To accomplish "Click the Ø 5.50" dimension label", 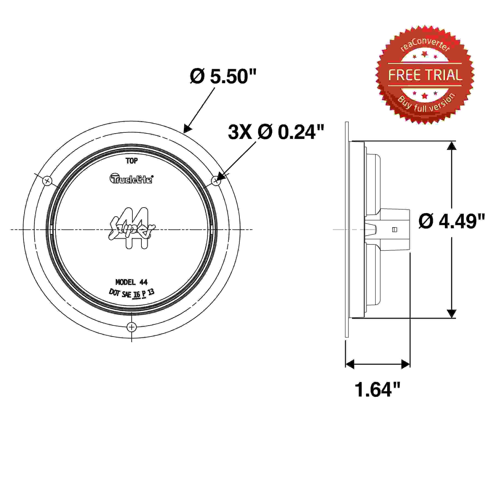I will click(x=223, y=77).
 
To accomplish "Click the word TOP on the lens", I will click(x=132, y=161).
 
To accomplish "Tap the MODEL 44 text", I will click(x=131, y=282).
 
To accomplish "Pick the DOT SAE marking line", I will click(x=131, y=293).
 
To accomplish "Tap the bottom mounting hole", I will click(x=132, y=327).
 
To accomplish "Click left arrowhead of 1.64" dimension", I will click(x=350, y=364).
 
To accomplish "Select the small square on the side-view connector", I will click(x=395, y=230).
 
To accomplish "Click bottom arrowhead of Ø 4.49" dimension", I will click(x=452, y=314).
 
